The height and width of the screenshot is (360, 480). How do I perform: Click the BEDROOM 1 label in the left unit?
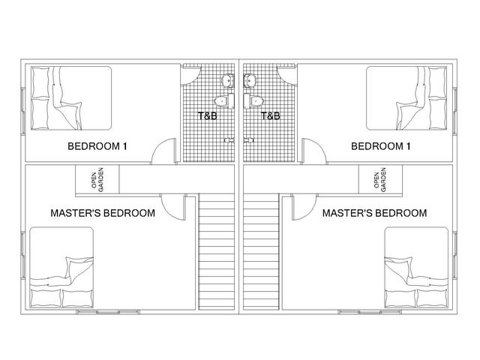click(97, 146)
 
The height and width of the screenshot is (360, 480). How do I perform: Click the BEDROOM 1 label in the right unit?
click(381, 146)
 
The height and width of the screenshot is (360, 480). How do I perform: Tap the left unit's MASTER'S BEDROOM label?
click(103, 213)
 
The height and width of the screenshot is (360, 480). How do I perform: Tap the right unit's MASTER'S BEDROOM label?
click(375, 213)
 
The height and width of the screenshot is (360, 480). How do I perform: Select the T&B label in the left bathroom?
click(207, 116)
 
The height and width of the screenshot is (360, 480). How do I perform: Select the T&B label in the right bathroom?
click(270, 116)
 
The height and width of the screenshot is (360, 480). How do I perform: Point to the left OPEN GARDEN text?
click(97, 180)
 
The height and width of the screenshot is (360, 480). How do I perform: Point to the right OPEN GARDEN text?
click(380, 180)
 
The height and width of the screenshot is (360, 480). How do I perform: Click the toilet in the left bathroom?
click(224, 101)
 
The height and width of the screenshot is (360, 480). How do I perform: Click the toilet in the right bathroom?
click(253, 101)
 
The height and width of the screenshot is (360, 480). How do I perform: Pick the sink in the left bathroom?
click(228, 80)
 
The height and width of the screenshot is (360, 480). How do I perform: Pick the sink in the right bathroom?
click(250, 80)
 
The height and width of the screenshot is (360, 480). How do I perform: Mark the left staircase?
click(217, 252)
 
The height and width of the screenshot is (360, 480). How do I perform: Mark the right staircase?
click(261, 252)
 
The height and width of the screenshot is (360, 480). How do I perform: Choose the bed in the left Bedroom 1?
click(71, 98)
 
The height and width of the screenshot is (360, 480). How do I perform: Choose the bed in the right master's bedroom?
click(416, 268)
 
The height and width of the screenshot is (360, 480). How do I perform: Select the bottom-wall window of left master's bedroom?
click(108, 312)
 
